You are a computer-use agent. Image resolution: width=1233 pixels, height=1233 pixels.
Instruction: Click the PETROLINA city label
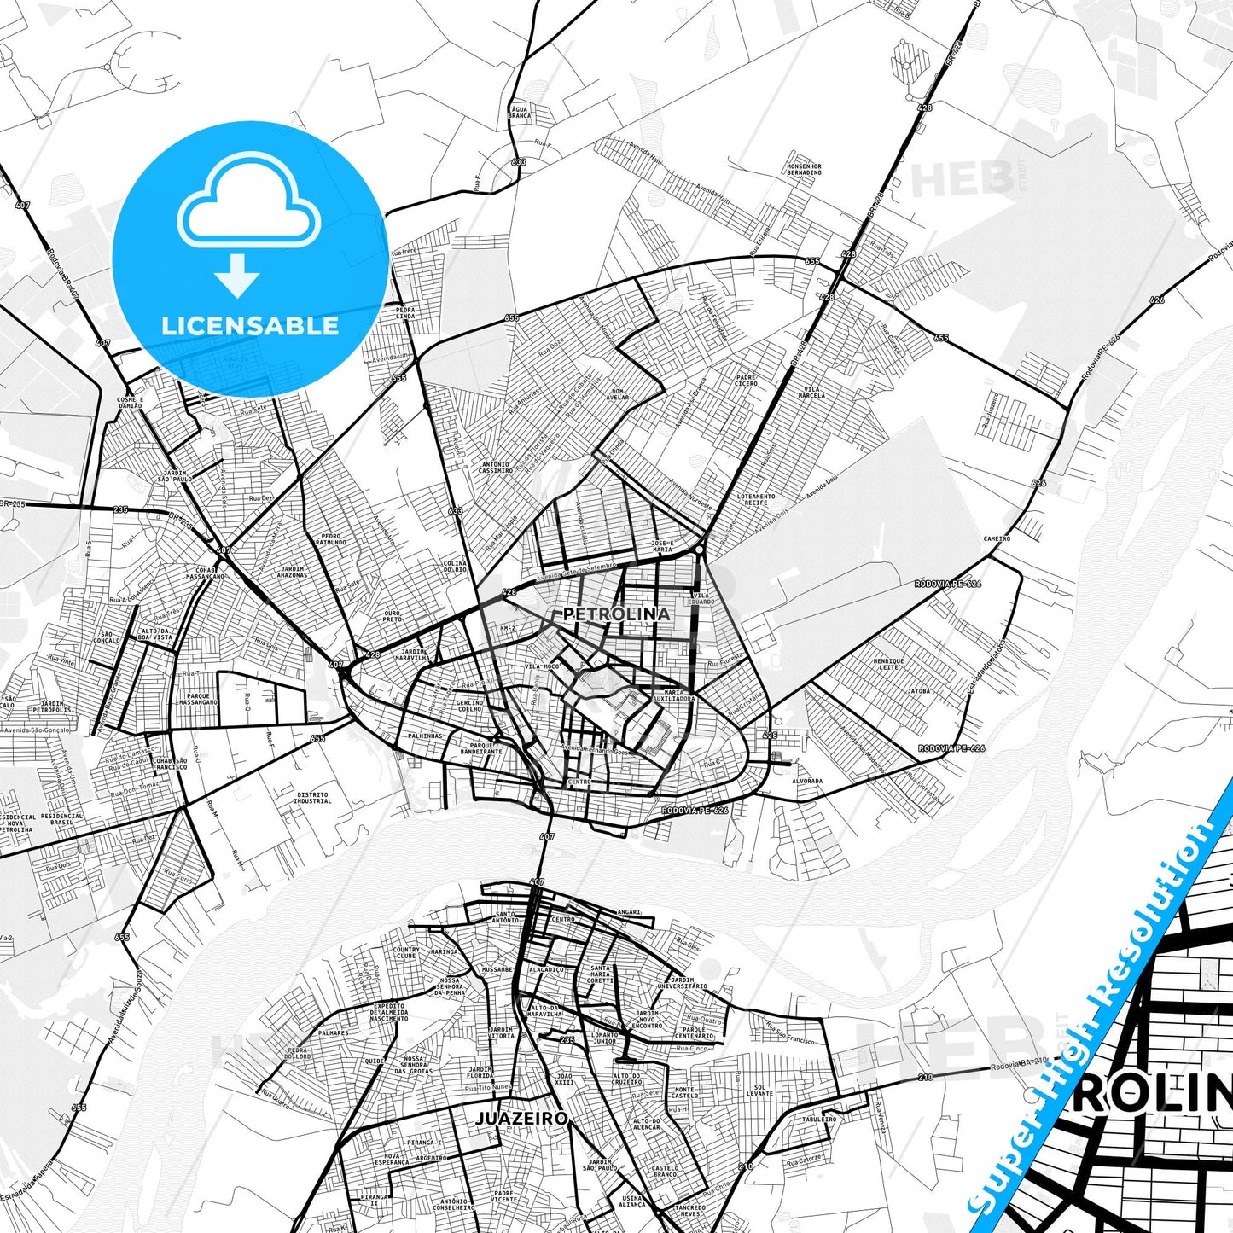click(x=616, y=614)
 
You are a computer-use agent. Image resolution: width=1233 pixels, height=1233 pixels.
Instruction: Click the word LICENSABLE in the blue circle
click(x=250, y=326)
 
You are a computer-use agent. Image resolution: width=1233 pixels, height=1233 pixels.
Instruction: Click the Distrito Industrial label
click(x=312, y=798)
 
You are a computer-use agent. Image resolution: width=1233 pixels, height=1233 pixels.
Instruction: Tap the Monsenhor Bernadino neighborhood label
click(x=804, y=169)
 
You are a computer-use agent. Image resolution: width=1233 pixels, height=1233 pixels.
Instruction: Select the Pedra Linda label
click(x=405, y=313)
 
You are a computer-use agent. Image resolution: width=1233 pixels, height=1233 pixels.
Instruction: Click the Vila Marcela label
click(x=811, y=392)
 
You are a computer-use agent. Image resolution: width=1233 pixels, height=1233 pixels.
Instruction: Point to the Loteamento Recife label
click(x=756, y=499)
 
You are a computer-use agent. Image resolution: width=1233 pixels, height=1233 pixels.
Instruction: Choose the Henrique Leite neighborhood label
click(x=888, y=664)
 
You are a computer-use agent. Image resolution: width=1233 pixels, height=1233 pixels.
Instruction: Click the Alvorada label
click(x=807, y=781)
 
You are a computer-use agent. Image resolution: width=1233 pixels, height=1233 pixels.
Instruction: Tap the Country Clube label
click(x=406, y=952)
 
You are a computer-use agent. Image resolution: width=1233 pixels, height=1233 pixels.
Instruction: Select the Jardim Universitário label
click(x=689, y=983)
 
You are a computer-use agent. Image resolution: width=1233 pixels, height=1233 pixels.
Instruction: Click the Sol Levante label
click(x=759, y=1091)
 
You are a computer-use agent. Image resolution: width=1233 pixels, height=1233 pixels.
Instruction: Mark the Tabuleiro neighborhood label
click(x=819, y=1119)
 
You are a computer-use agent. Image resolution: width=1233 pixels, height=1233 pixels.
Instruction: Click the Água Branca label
click(x=520, y=113)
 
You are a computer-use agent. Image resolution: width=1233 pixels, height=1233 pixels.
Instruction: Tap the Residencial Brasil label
click(x=62, y=819)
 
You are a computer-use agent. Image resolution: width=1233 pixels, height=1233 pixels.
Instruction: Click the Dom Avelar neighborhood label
click(x=617, y=394)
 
